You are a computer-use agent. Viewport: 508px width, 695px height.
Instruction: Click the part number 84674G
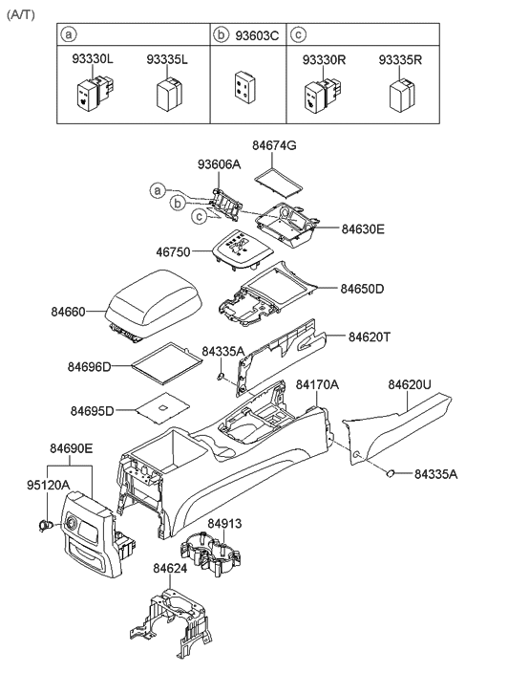[x=274, y=145]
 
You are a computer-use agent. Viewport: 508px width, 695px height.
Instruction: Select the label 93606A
[x=220, y=164]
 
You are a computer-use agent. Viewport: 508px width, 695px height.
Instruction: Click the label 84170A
[x=317, y=385]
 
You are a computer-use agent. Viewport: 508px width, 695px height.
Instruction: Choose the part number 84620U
[x=410, y=385]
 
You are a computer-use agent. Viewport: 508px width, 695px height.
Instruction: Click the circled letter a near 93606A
[x=157, y=190]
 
